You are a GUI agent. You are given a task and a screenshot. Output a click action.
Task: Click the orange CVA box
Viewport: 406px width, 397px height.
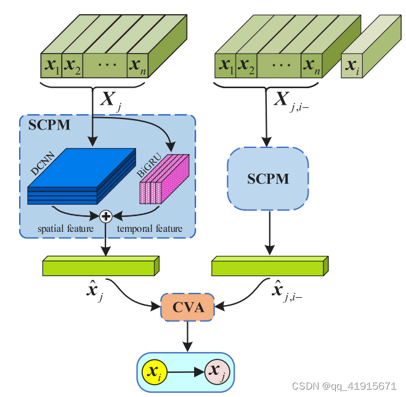point(188,307)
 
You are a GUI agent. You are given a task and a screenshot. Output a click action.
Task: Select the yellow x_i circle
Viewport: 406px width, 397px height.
point(153,372)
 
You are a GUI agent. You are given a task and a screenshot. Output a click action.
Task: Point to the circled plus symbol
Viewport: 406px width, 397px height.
point(106,216)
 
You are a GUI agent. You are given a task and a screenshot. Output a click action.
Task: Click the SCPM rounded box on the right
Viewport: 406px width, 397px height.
point(268,179)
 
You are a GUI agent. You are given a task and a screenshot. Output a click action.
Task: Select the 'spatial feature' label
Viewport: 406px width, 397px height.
point(65,229)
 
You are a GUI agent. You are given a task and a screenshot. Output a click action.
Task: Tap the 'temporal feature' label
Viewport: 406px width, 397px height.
point(150,229)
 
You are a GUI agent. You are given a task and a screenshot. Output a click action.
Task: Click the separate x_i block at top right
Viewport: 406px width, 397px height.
point(352,65)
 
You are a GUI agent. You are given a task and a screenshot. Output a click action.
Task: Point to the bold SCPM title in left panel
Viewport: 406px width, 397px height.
point(49,125)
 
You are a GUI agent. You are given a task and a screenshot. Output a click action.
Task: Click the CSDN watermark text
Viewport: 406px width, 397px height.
point(344,386)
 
